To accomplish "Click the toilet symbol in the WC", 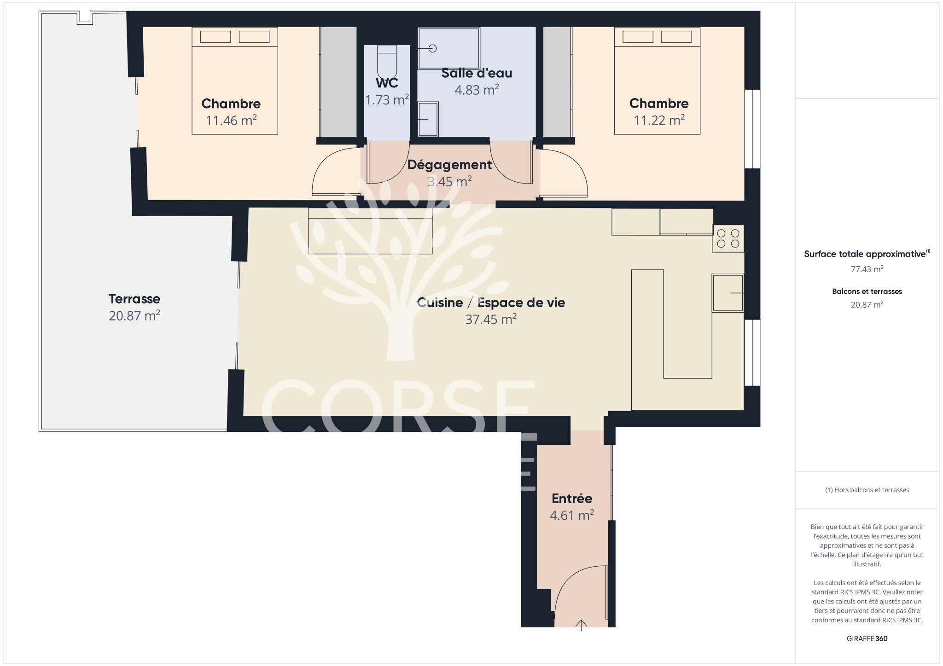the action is [x=387, y=63].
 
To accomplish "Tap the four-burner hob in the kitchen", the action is [x=728, y=238].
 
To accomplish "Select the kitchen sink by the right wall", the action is [x=728, y=293].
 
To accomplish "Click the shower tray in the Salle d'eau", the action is [x=449, y=48].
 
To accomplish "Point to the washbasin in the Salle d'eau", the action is [x=428, y=119].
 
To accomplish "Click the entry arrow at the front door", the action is [x=581, y=625].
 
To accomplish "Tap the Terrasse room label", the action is [x=134, y=299].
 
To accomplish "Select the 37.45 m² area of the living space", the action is [x=491, y=319].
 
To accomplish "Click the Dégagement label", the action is [x=449, y=165].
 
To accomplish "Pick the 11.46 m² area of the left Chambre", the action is [x=231, y=120].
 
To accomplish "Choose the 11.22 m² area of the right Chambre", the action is [x=659, y=120].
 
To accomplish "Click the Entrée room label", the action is [x=572, y=498].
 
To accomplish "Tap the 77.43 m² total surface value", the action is [x=867, y=269].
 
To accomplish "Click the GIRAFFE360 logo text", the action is [x=867, y=638].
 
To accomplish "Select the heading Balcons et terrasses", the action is [x=867, y=291].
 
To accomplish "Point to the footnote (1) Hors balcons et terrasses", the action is [x=867, y=490].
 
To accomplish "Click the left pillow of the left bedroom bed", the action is [x=215, y=37].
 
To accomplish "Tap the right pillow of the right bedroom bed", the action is [x=676, y=37].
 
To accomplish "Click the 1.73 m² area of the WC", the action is [x=387, y=100].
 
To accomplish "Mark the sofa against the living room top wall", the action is [x=370, y=231].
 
